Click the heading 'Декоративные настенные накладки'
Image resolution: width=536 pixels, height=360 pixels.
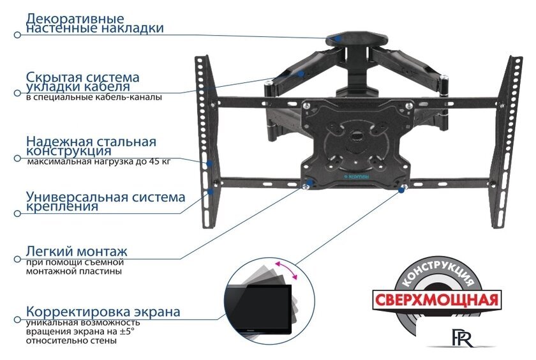click(x=94, y=24)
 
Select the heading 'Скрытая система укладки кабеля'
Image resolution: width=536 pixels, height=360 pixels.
click(x=82, y=81)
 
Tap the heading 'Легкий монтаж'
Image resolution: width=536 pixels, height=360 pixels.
click(x=77, y=251)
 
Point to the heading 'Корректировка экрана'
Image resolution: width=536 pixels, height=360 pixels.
click(x=103, y=312)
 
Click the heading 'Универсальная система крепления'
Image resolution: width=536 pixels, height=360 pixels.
click(x=105, y=202)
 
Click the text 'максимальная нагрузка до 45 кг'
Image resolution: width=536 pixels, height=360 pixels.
click(x=99, y=163)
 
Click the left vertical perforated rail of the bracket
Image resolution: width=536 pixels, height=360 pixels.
click(x=204, y=140)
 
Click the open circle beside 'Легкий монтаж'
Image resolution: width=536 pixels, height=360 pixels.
click(x=17, y=260)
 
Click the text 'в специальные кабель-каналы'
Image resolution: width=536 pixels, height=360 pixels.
click(x=94, y=97)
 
